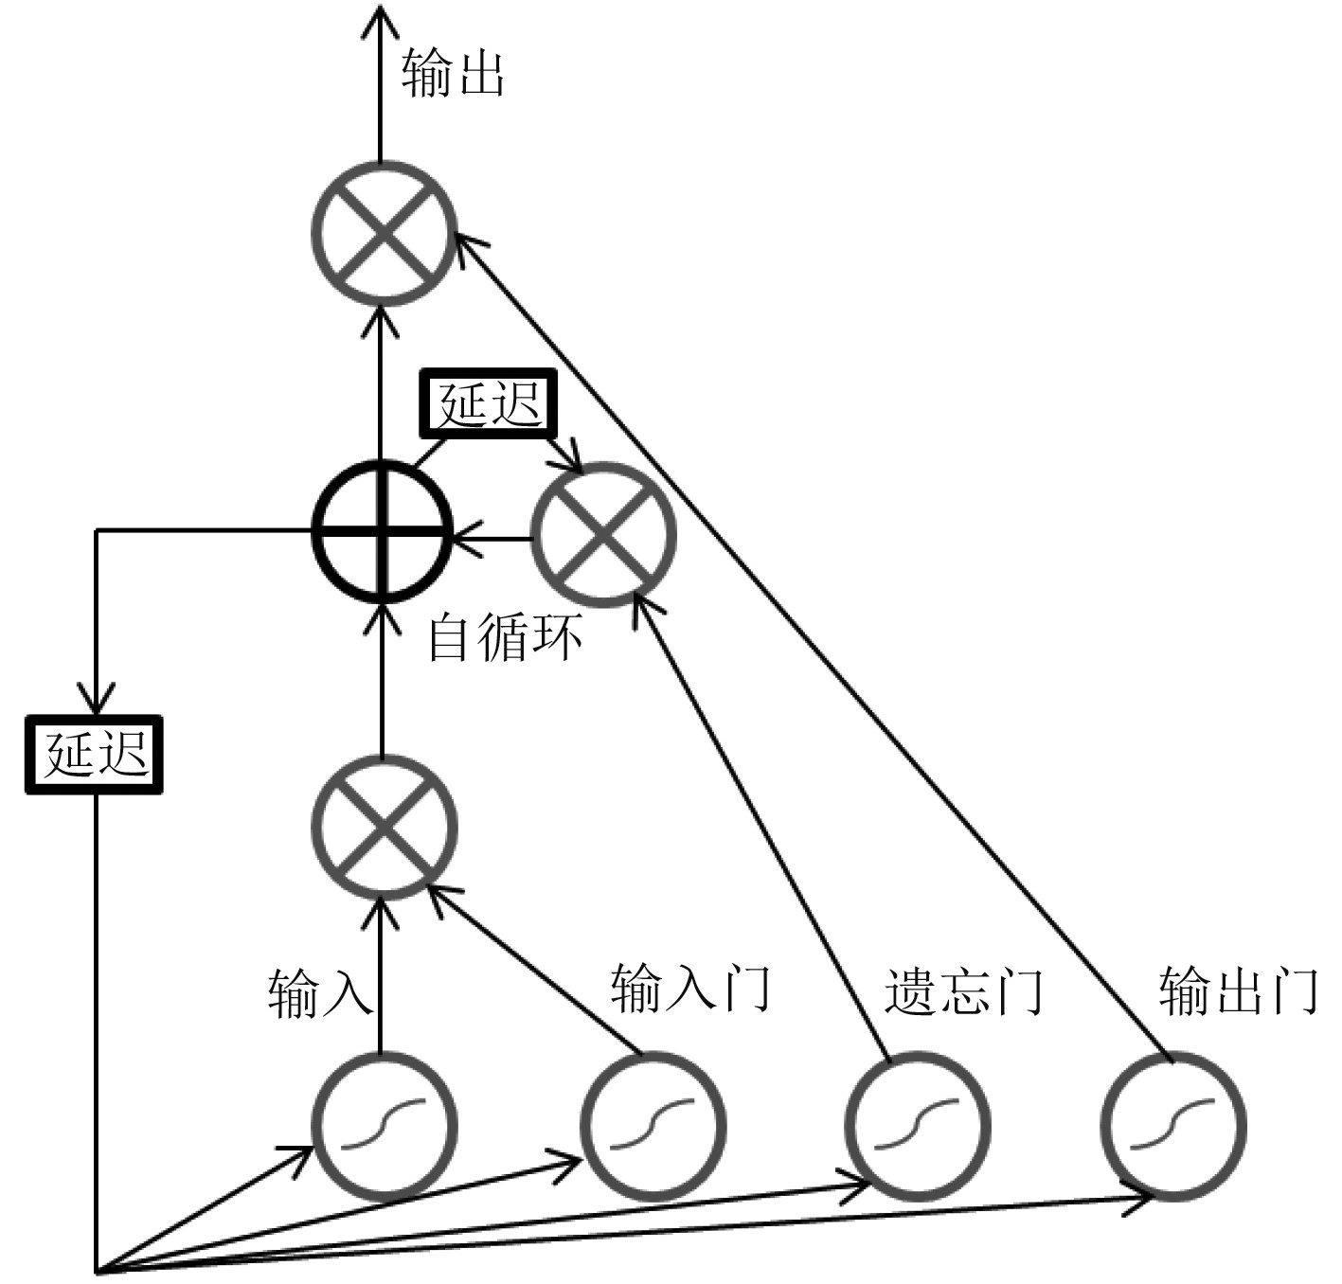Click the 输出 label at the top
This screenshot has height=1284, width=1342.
coord(453,74)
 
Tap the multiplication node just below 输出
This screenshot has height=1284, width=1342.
coord(384,234)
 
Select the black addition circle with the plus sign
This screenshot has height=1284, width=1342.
coord(383,531)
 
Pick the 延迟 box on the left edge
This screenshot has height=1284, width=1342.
coord(95,755)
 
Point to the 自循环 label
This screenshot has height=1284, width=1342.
coord(505,637)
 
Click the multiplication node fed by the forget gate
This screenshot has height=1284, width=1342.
coord(604,535)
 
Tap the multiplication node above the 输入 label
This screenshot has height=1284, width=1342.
coord(384,828)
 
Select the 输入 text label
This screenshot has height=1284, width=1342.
coord(318,994)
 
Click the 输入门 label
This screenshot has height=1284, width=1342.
coord(690,990)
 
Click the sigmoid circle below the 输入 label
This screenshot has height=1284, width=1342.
coord(384,1128)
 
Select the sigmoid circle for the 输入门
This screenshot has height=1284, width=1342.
coord(652,1128)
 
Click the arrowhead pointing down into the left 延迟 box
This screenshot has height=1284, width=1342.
coord(95,701)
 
